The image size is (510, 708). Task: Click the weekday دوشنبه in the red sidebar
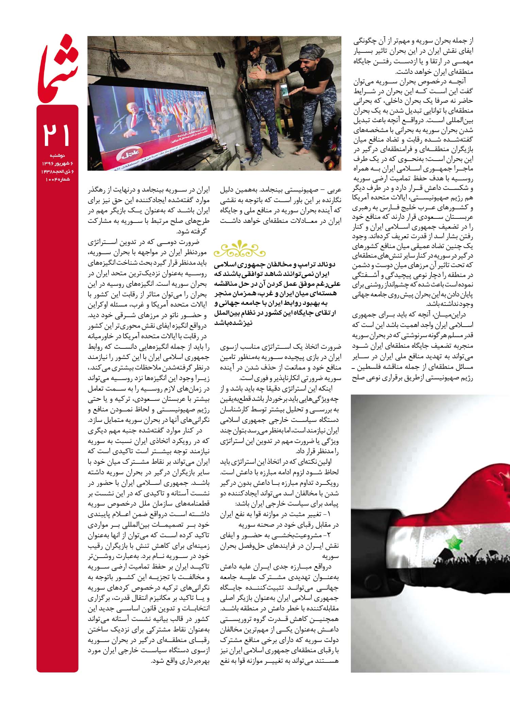(58, 155)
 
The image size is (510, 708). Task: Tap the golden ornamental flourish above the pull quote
(239, 249)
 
